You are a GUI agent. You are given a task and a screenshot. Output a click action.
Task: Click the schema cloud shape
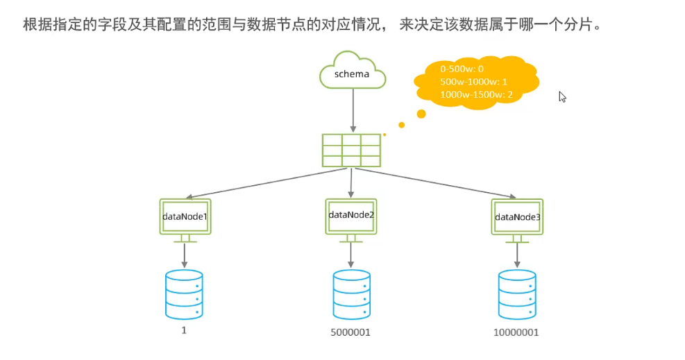point(352,71)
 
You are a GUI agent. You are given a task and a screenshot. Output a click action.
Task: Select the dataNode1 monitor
point(185,217)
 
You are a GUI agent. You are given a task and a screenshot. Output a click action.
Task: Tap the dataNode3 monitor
point(517,217)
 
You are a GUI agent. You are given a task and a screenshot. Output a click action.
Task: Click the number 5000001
point(350,332)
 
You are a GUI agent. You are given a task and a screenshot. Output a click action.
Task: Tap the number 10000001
point(516,332)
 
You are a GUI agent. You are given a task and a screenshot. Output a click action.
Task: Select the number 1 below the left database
point(184,330)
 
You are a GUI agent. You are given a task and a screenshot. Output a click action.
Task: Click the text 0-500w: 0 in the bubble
point(462,69)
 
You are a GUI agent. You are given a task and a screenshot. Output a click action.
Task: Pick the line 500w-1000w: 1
point(473,81)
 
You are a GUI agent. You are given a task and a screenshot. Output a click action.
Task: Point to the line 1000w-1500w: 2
point(476,94)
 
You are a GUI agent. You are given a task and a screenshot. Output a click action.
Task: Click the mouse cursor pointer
point(562,96)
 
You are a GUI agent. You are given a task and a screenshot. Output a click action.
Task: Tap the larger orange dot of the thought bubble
point(421,113)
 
